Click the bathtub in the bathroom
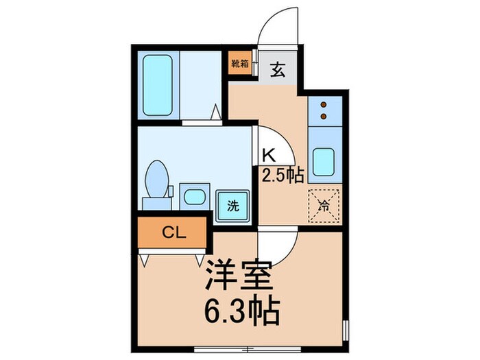158,84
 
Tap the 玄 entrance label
277,69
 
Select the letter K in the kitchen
269,154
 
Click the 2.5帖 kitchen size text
282,176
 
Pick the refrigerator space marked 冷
325,204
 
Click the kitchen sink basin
325,161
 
